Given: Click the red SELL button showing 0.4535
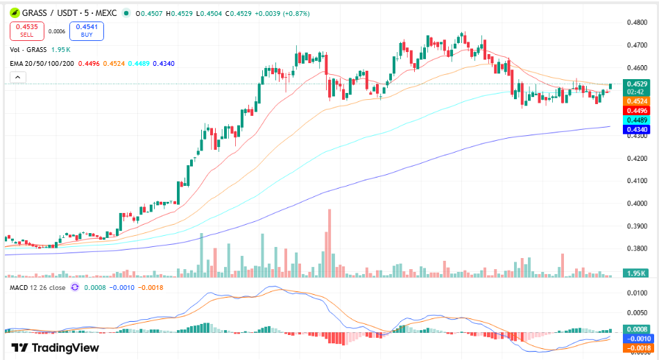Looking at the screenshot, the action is pos(27,31).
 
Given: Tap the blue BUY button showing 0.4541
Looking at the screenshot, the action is pos(87,31).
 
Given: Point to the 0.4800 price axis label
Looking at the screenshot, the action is pos(637,22).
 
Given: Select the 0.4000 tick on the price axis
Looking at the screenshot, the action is pos(637,203).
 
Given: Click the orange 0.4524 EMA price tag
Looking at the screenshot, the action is pos(637,101).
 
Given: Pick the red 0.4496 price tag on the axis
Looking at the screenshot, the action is pos(637,111).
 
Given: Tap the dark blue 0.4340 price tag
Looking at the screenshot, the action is pos(637,130).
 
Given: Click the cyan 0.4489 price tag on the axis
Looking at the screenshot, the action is pos(637,120).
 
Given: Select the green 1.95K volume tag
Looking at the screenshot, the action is pos(636,273).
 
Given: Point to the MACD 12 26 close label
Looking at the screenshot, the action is pos(37,288).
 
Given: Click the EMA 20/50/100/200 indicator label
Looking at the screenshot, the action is pos(42,63).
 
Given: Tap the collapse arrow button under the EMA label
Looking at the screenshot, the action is pos(17,77).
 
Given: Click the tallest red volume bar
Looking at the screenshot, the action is pos(329,243).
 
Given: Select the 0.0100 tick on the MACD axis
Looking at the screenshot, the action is pos(637,293).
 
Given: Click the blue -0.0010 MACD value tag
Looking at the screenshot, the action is pos(638,338).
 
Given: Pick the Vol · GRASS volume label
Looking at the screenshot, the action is pos(28,49).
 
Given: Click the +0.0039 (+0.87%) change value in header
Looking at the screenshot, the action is pos(282,13).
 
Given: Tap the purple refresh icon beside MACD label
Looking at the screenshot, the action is pos(75,287).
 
